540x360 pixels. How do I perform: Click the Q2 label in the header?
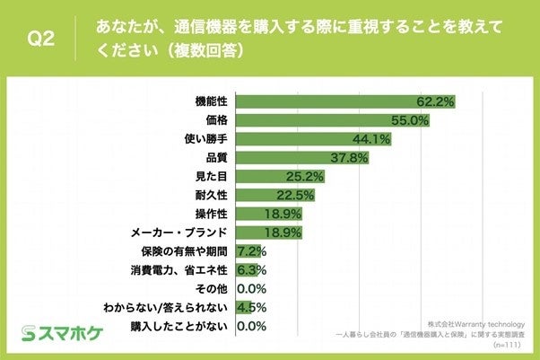tap(40, 39)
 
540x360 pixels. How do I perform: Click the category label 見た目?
tap(212, 176)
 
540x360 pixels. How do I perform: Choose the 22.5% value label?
tap(296, 195)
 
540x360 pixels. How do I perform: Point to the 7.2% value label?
tap(250, 250)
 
